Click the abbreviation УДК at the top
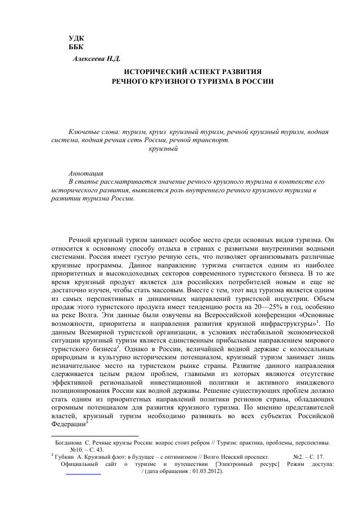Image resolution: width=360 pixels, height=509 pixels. point(77,39)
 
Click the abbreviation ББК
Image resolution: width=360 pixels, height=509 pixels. point(77,47)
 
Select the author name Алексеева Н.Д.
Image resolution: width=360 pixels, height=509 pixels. point(96,59)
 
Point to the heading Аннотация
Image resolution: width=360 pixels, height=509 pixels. point(86,173)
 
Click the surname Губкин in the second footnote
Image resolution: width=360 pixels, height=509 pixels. point(66,457)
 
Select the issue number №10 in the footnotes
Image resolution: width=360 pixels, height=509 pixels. point(77,450)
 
